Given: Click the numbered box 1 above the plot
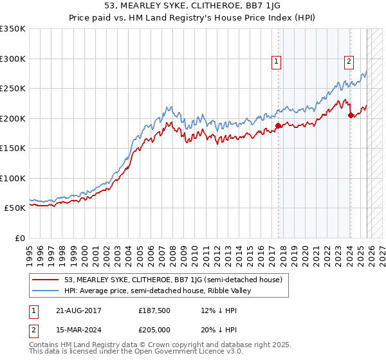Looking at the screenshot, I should click(x=276, y=62).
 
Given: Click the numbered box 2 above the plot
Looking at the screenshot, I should click(x=348, y=62).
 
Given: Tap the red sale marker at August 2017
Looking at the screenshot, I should click(x=278, y=126).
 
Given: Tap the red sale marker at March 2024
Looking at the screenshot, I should click(x=351, y=116).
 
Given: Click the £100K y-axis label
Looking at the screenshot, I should click(x=12, y=178).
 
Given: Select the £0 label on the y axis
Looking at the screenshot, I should click(x=19, y=238).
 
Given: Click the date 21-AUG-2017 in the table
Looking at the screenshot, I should click(x=78, y=310).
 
